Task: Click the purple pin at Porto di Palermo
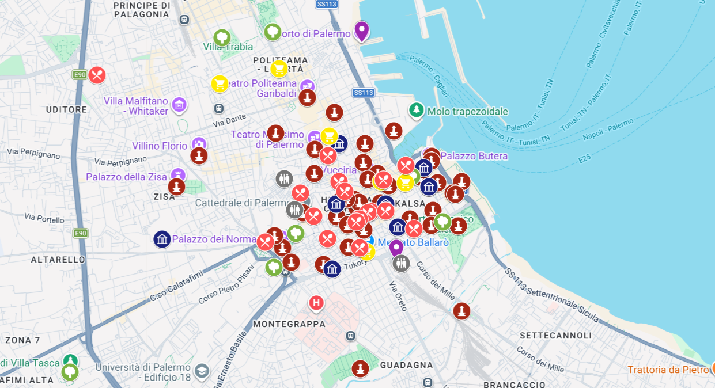tap(361, 31)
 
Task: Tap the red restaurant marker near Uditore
tap(97, 75)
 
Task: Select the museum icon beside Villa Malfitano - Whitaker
tap(180, 105)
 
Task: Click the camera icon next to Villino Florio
tap(199, 143)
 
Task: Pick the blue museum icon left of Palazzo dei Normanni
tap(162, 239)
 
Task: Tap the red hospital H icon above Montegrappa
tap(316, 303)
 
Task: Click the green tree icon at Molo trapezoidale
tap(415, 111)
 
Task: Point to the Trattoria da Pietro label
tap(668, 370)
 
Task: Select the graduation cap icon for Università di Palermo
tap(202, 370)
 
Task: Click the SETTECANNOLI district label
tap(555, 335)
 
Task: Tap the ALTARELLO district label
tap(58, 260)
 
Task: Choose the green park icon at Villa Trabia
tap(222, 37)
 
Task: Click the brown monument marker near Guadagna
tap(360, 368)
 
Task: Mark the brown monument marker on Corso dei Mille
tap(461, 311)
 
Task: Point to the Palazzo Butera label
tap(474, 156)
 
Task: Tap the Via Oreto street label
tap(398, 295)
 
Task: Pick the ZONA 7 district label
tap(22, 340)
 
